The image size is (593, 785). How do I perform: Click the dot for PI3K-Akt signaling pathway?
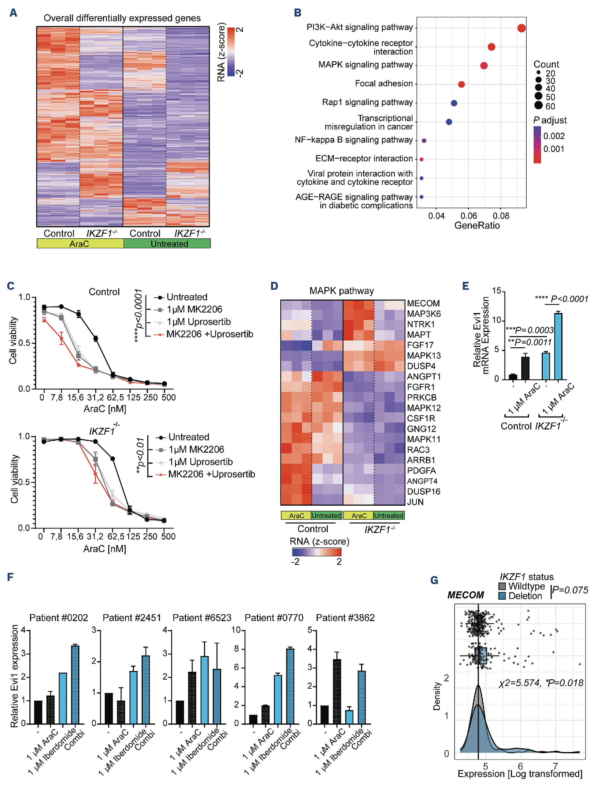coord(521,28)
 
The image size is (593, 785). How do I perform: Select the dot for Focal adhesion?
coord(461,85)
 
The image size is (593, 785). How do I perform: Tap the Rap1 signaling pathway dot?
coord(454,103)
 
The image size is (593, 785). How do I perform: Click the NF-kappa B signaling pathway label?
coord(353,140)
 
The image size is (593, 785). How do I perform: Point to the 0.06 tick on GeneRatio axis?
coord(468,216)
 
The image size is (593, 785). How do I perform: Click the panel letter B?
coord(297,13)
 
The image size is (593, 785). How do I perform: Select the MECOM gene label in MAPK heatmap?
coord(423,304)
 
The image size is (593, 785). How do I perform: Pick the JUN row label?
coord(415,502)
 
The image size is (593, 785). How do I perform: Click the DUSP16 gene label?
coord(423,492)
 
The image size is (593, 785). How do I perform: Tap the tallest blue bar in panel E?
coord(558,346)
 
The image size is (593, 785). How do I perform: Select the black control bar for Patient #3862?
coord(324,714)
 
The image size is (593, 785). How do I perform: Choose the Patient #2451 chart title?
coord(132,618)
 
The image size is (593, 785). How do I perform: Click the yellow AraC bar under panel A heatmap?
coord(80,244)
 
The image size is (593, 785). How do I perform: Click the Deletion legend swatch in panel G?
coord(502,596)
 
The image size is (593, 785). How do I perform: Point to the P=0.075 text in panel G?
coord(570,590)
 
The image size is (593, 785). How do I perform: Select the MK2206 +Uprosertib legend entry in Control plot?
coord(210,334)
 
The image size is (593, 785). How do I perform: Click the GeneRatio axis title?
coord(476,226)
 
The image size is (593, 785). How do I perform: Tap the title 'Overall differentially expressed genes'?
coord(122,18)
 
